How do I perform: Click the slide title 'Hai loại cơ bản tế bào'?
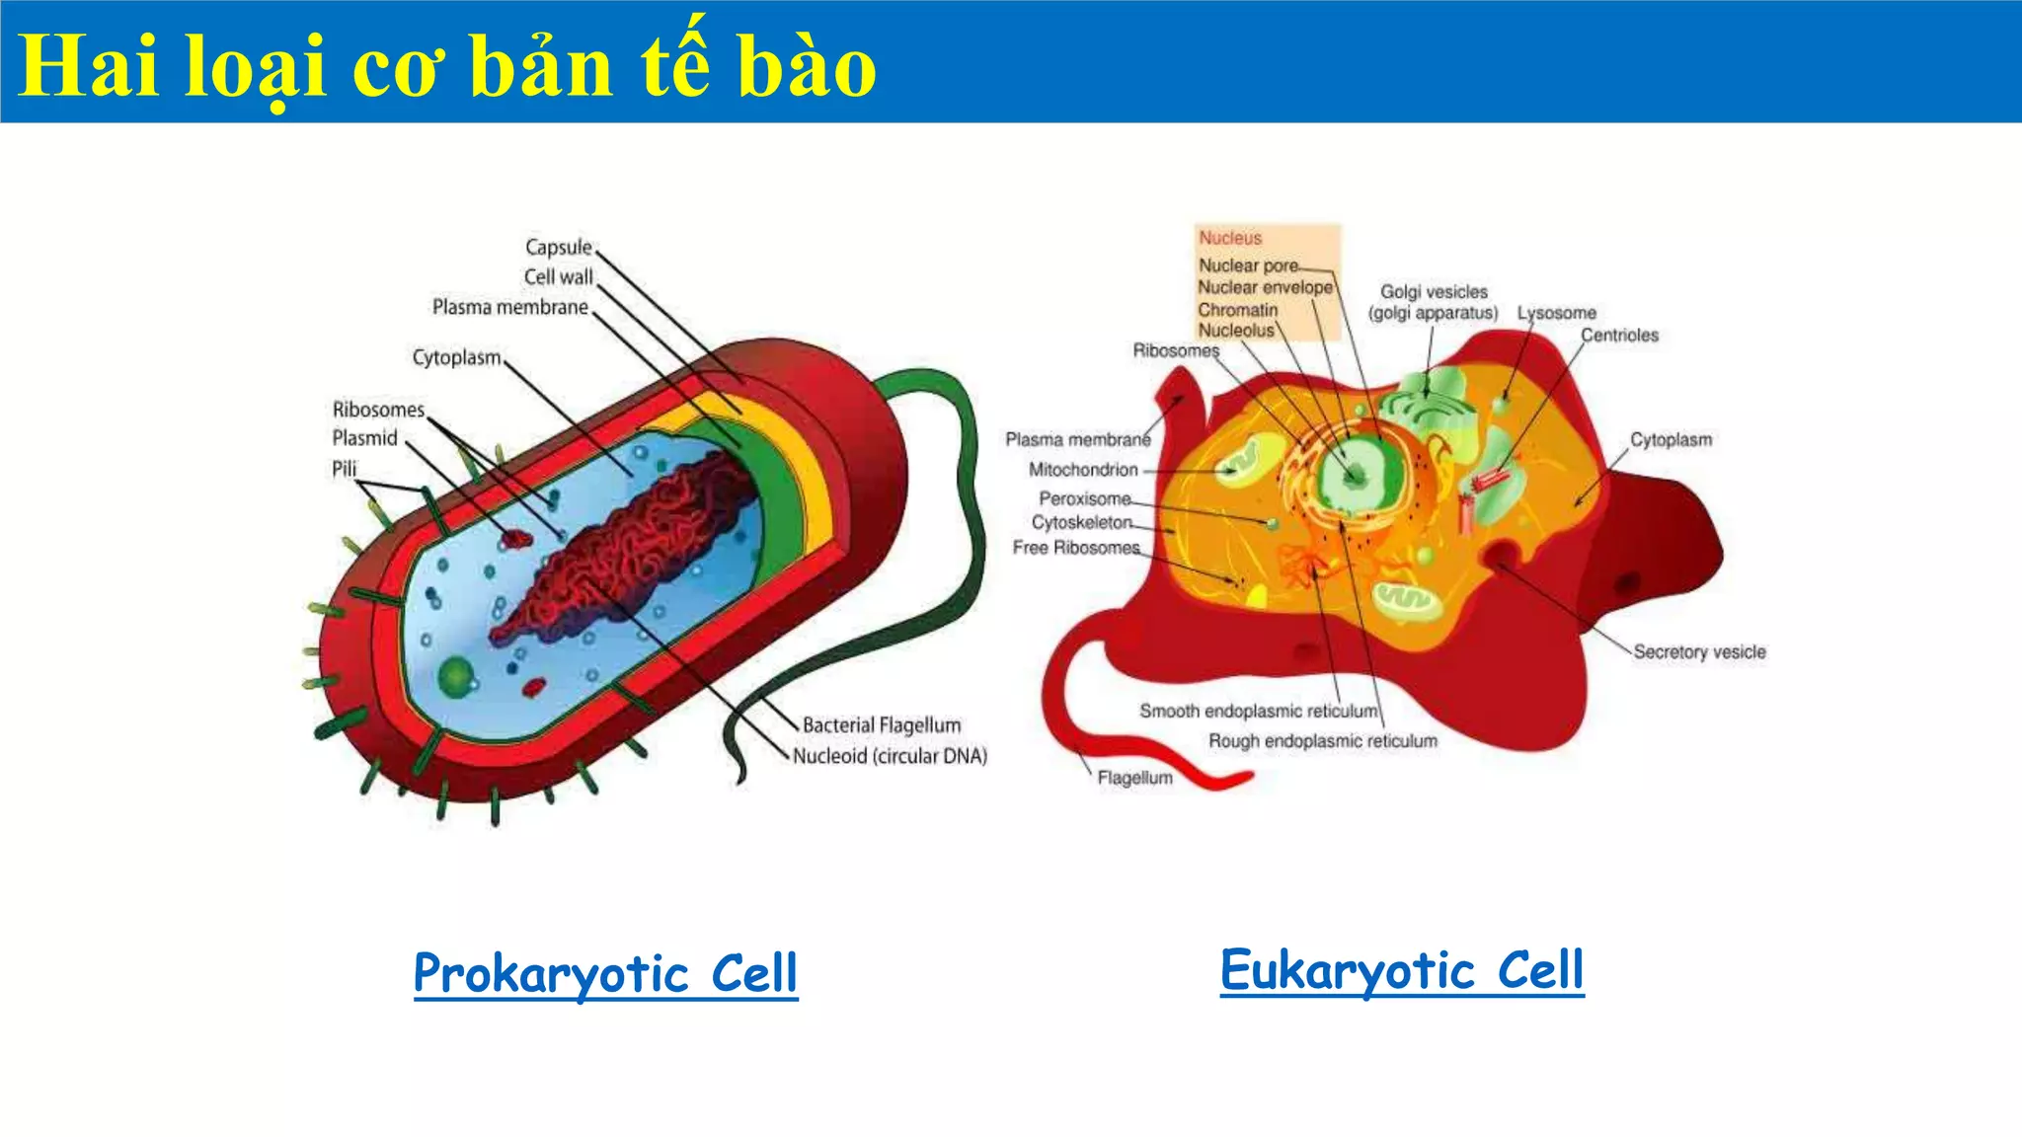[x=447, y=67]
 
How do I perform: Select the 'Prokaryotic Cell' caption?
[x=605, y=973]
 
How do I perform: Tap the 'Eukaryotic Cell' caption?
[x=1402, y=969]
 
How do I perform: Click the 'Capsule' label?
[x=559, y=247]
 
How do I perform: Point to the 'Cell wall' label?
[x=559, y=277]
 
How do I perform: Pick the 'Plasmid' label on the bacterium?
[x=364, y=438]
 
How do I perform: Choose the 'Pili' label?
[x=344, y=469]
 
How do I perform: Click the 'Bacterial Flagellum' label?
[x=881, y=725]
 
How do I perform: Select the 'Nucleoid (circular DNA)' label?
[x=890, y=756]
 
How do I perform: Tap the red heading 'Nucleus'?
[x=1230, y=238]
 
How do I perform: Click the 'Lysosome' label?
[x=1556, y=313]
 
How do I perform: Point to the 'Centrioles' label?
[x=1619, y=336]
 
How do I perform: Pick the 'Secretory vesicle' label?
[x=1699, y=652]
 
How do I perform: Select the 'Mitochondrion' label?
[x=1083, y=470]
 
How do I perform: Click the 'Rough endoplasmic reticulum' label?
[x=1323, y=741]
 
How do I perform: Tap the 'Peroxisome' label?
[x=1084, y=498]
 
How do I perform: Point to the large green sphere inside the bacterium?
[x=456, y=677]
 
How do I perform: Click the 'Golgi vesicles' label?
[x=1434, y=292]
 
